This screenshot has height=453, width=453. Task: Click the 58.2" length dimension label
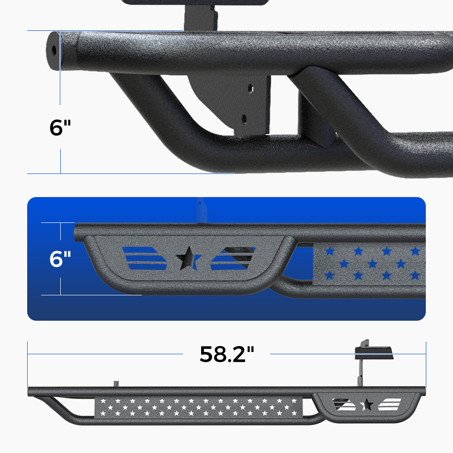click(227, 354)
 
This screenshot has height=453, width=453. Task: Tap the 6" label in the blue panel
click(61, 259)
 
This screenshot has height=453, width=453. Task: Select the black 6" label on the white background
click(61, 127)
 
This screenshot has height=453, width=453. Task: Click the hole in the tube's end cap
click(54, 49)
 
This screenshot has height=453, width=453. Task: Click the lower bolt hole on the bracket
click(244, 119)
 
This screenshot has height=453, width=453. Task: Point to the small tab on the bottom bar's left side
click(116, 384)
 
